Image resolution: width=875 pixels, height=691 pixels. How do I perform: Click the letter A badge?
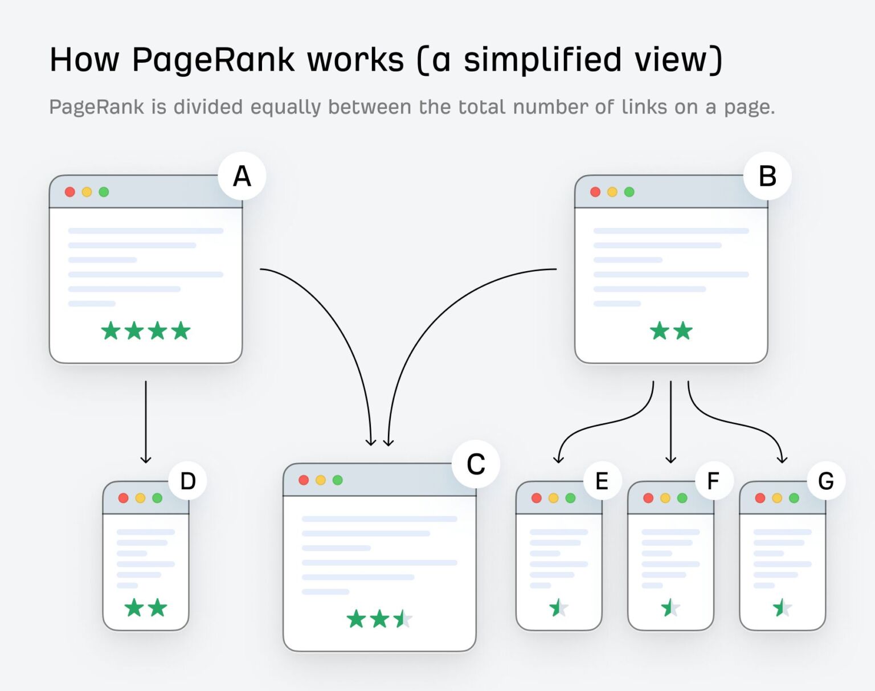242,176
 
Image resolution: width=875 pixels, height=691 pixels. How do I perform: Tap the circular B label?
767,176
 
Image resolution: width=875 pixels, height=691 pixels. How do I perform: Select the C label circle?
476,464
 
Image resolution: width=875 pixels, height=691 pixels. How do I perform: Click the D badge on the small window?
187,481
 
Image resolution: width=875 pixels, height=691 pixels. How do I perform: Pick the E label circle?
602,481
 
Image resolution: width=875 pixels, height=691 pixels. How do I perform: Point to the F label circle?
713,481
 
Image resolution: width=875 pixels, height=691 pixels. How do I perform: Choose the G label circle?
825,481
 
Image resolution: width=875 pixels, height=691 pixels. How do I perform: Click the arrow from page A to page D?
146,422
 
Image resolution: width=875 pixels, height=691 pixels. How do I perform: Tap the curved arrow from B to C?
422,330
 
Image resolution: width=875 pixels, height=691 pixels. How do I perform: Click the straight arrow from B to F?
670,422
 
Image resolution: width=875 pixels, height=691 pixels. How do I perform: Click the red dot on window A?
70,192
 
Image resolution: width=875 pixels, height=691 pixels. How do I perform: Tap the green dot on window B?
629,192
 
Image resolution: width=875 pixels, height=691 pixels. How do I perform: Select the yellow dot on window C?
321,480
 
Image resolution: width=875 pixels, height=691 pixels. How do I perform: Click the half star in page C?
403,619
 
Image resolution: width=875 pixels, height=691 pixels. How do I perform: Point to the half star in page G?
782,608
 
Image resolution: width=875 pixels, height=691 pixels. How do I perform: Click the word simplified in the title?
542,60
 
